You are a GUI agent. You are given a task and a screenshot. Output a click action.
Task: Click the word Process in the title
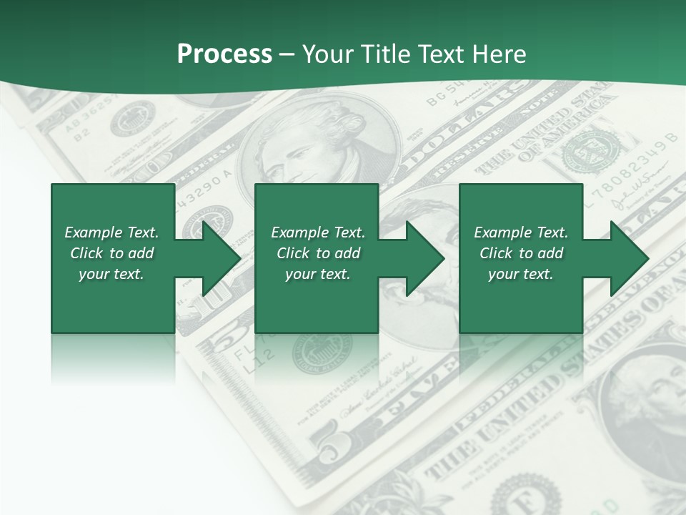pyautogui.click(x=224, y=54)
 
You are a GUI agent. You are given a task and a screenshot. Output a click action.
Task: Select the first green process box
pyautogui.click(x=113, y=258)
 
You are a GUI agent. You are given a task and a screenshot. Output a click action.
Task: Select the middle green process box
pyautogui.click(x=317, y=258)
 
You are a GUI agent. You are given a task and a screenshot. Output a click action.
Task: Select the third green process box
pyautogui.click(x=520, y=258)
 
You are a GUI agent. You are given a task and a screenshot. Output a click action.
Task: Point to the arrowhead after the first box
pyautogui.click(x=222, y=258)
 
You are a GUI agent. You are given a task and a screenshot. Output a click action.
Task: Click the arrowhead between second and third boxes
pyautogui.click(x=425, y=258)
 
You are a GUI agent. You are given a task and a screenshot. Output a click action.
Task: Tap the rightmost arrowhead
pyautogui.click(x=629, y=258)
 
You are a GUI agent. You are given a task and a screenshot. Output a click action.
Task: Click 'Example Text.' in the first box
pyautogui.click(x=111, y=232)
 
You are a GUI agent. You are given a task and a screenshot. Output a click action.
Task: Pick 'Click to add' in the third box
pyautogui.click(x=521, y=253)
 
